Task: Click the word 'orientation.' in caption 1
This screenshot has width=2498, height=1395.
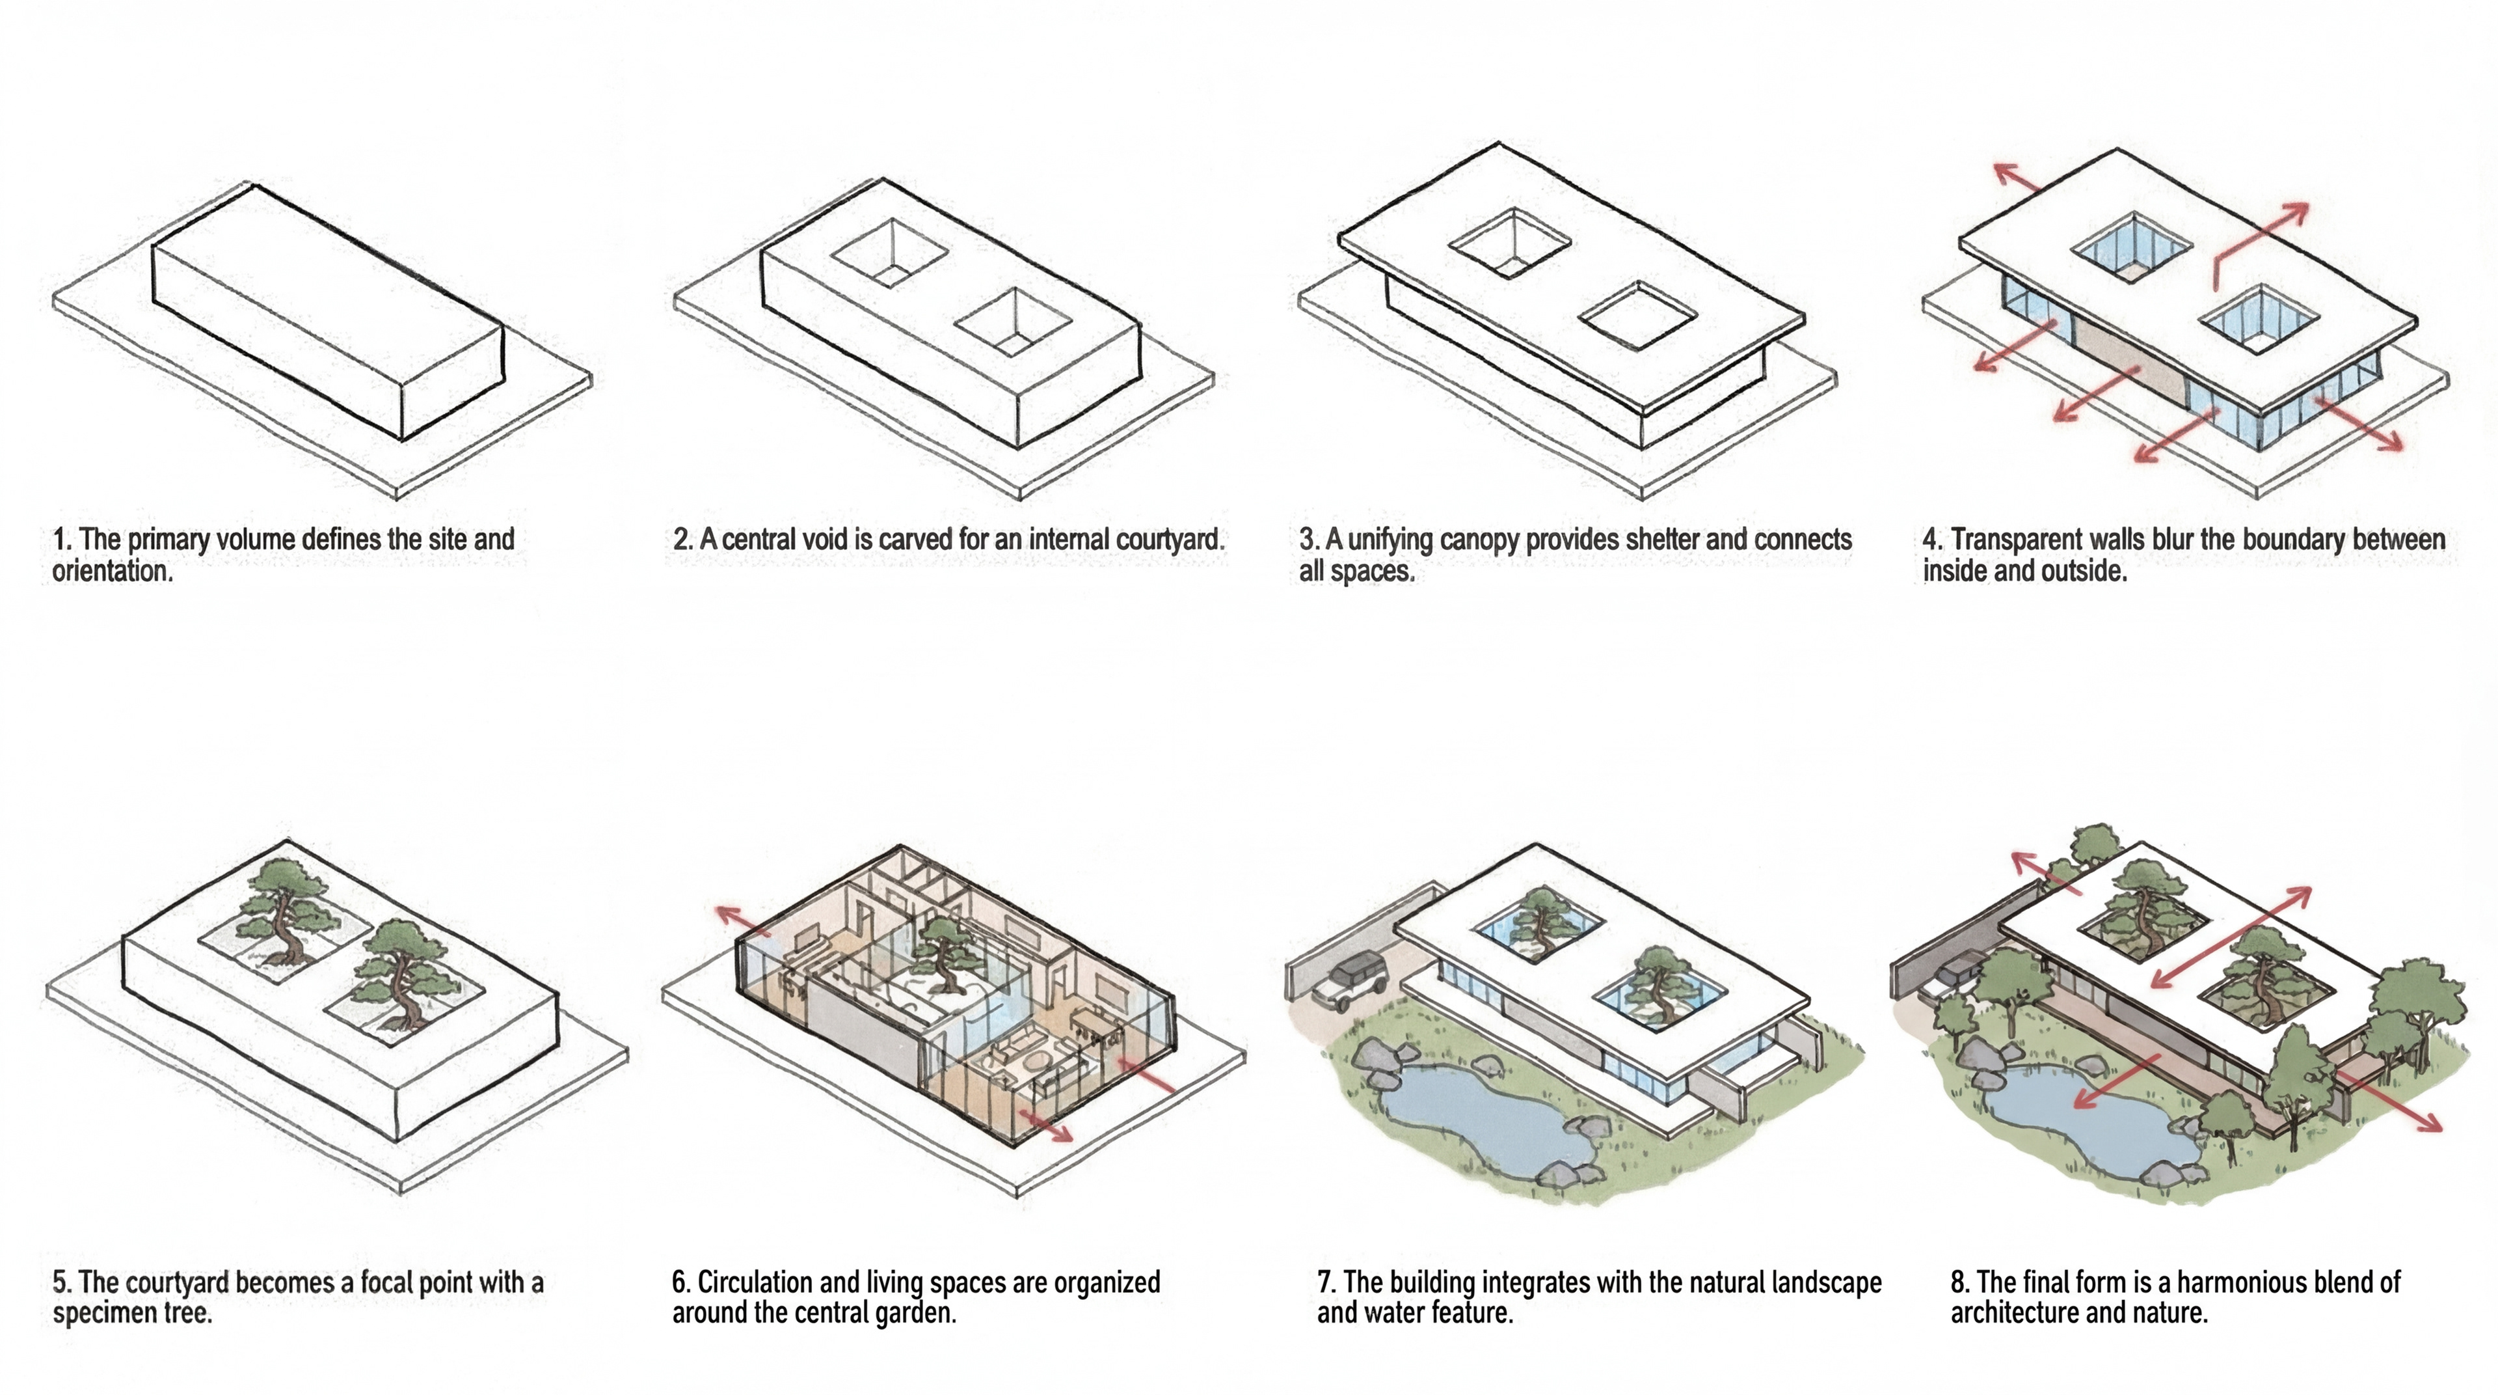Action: tap(113, 572)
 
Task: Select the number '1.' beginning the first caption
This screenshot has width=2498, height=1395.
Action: tap(62, 540)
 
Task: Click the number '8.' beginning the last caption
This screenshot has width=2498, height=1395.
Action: tap(1960, 1282)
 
